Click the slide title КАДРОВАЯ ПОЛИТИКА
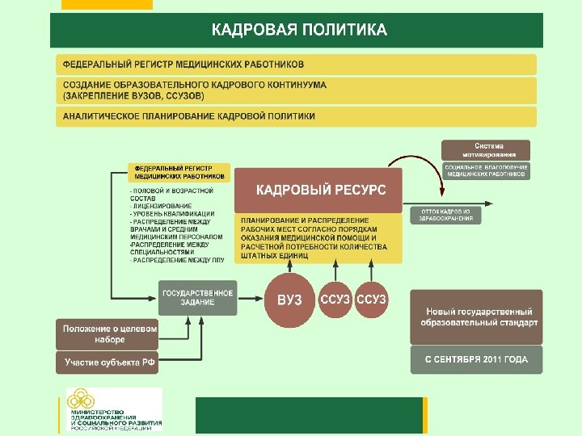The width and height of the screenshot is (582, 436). [x=299, y=31]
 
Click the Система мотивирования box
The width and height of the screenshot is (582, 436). [x=486, y=150]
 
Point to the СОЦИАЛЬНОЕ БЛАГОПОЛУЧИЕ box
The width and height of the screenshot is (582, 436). [x=486, y=170]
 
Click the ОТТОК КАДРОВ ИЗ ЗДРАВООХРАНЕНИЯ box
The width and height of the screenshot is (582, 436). [x=446, y=215]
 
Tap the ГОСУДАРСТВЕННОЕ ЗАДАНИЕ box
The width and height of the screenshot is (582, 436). [x=198, y=297]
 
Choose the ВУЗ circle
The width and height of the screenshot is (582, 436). [x=289, y=300]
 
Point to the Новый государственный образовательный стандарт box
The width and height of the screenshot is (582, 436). [x=479, y=317]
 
